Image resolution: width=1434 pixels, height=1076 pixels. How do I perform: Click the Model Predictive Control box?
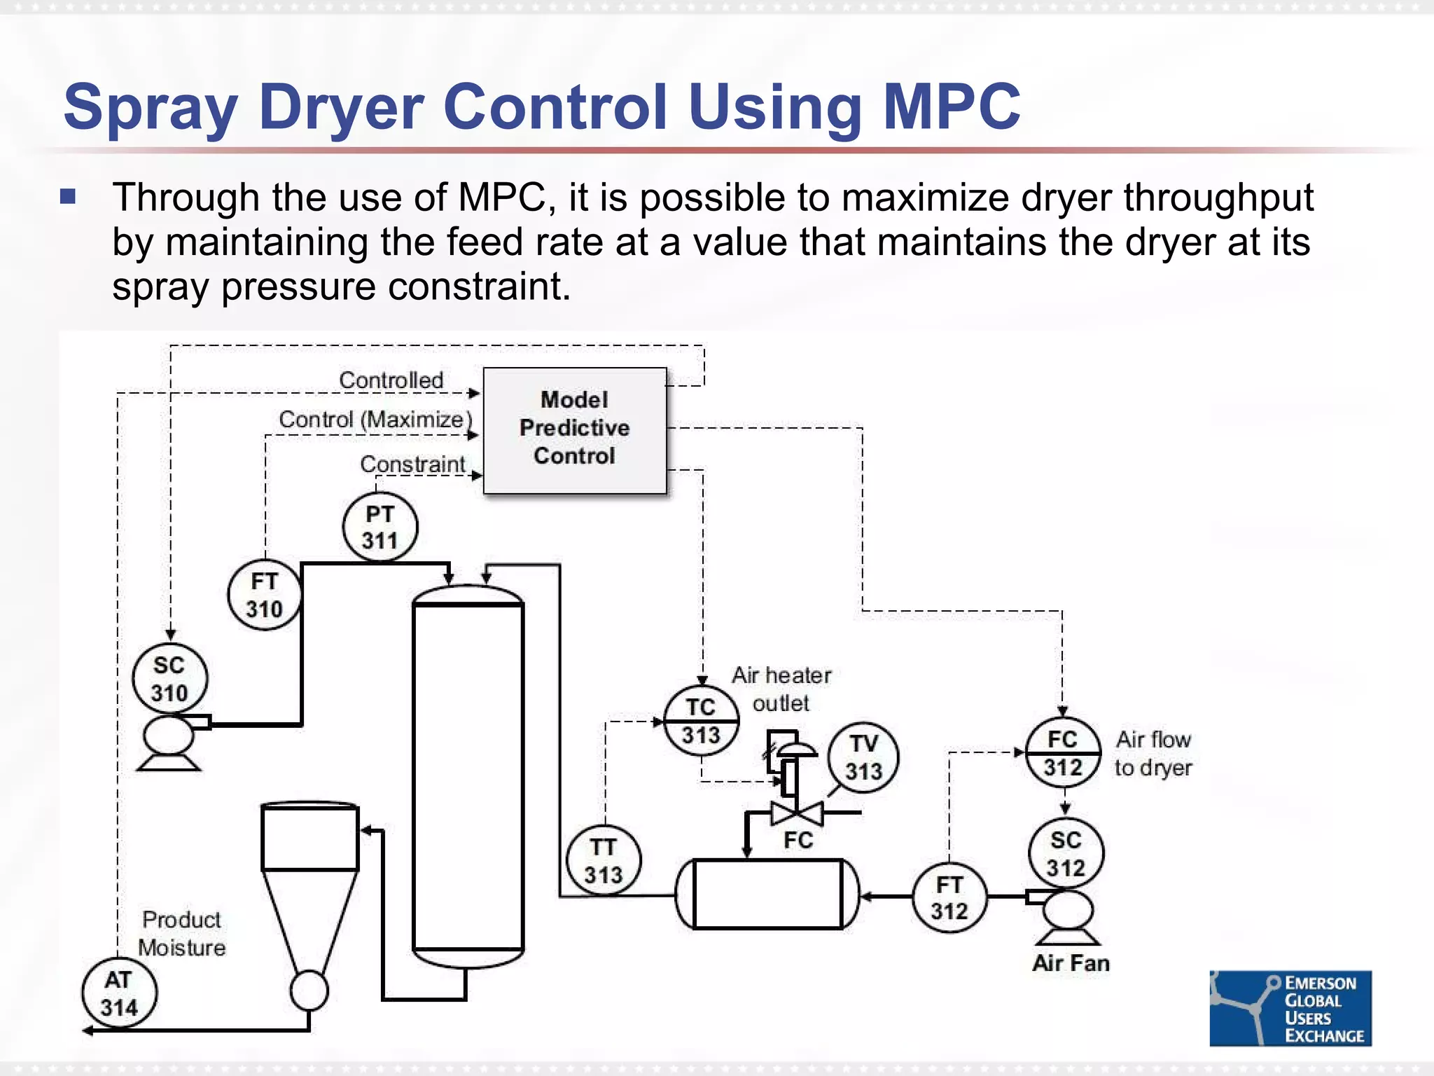click(575, 429)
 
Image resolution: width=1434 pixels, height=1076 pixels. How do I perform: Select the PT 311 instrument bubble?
click(380, 527)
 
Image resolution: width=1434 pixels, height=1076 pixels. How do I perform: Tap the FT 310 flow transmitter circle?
click(265, 595)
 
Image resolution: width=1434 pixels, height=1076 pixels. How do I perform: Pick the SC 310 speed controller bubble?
click(169, 679)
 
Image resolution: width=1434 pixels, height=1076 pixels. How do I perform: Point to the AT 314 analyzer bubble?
click(119, 993)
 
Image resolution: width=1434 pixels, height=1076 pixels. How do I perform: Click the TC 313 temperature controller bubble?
click(701, 722)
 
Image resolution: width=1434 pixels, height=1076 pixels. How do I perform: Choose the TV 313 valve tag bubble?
click(863, 758)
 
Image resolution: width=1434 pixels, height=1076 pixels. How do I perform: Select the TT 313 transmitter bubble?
click(604, 861)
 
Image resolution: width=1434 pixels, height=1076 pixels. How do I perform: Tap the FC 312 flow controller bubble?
click(1063, 753)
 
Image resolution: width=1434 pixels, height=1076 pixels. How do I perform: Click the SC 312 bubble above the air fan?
click(1066, 854)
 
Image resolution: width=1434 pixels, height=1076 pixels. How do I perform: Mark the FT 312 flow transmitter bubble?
click(949, 898)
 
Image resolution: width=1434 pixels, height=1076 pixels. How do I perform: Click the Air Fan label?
click(1071, 963)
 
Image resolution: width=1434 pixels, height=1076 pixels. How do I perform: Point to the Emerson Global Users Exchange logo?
click(1290, 1009)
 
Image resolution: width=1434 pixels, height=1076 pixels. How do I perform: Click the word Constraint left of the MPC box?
click(412, 464)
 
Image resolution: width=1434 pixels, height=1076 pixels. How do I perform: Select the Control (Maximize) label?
click(375, 420)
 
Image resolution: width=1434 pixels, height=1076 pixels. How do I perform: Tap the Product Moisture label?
click(182, 933)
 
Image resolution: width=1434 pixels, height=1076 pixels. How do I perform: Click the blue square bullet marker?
click(68, 196)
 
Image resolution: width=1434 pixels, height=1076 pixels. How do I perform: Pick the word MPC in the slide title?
click(952, 106)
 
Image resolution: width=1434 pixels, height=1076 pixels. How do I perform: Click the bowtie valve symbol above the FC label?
click(797, 813)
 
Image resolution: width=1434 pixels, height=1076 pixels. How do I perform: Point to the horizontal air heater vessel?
click(767, 894)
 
